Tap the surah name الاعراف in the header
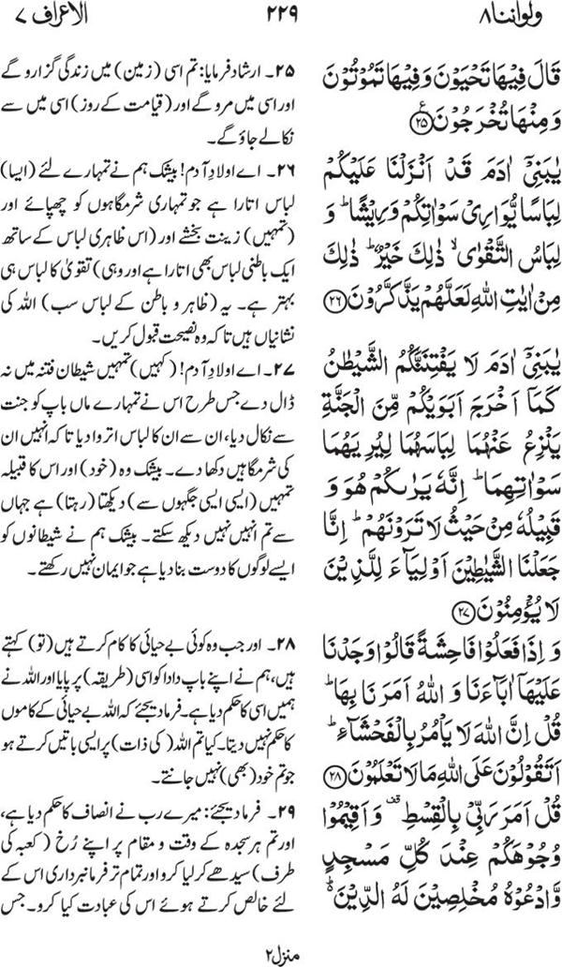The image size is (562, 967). coord(76,19)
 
